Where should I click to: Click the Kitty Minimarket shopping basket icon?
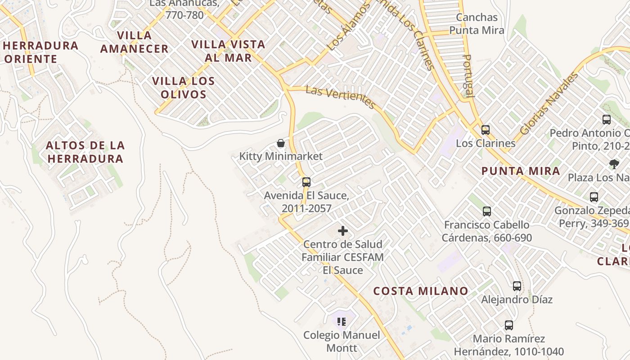[281, 144]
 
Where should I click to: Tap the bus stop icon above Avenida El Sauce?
[306, 182]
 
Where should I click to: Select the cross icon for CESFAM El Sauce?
[343, 231]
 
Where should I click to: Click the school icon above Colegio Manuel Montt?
[342, 322]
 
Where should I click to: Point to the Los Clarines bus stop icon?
[486, 130]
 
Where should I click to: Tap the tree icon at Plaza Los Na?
[614, 164]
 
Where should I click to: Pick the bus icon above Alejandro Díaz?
[517, 286]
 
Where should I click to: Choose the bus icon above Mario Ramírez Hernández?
[509, 325]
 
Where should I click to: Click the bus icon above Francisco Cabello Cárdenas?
[486, 211]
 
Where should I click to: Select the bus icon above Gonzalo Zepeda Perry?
[594, 197]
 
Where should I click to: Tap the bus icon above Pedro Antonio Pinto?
[607, 119]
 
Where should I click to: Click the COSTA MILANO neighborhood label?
[421, 291]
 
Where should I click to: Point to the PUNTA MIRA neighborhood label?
[521, 171]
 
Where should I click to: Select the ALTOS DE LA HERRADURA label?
[85, 152]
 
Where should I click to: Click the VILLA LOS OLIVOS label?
[183, 88]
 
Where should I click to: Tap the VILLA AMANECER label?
[134, 42]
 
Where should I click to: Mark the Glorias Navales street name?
[549, 103]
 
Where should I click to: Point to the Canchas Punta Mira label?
[477, 24]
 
